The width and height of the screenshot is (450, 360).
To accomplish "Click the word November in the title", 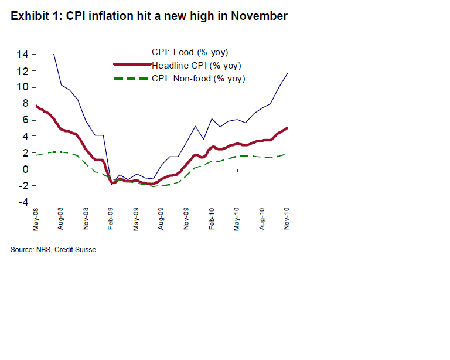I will [x=259, y=16].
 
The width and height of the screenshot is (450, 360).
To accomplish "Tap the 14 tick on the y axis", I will [x=23, y=55].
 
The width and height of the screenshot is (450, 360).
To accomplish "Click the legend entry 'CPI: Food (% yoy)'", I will [x=189, y=53].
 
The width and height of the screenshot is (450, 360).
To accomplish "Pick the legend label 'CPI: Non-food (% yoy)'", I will [x=198, y=79].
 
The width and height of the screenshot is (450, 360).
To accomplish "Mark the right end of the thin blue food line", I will [x=288, y=73].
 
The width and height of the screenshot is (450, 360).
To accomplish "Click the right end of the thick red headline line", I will [x=288, y=128].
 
